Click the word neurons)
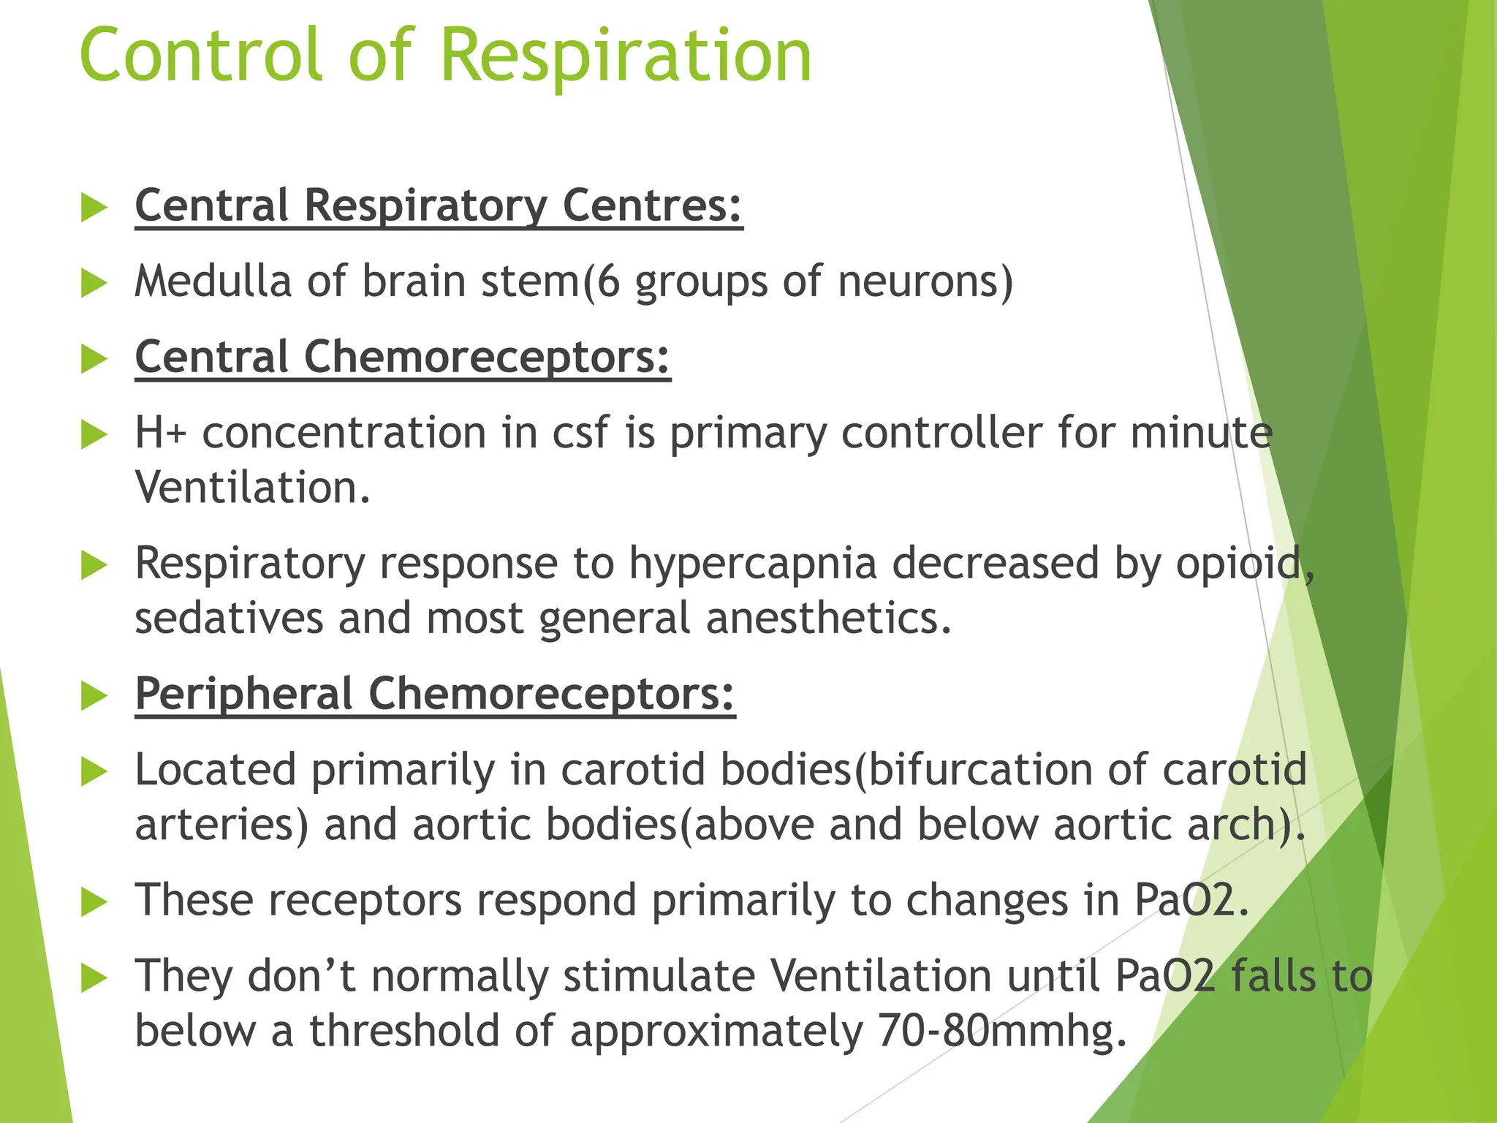[x=925, y=282]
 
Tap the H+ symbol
[x=161, y=433]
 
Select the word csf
[x=580, y=433]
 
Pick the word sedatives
[x=229, y=619]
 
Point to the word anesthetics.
[x=828, y=619]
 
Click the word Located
[x=215, y=770]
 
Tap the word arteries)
[x=221, y=825]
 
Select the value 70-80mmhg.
[x=1002, y=1031]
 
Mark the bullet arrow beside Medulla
[x=94, y=283]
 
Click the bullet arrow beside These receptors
[x=94, y=901]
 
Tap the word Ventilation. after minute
[x=253, y=488]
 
